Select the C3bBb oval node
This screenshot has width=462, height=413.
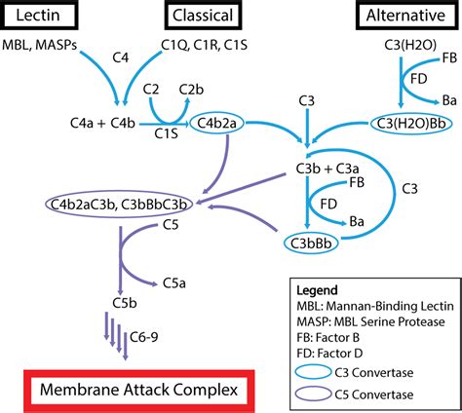[313, 241]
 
